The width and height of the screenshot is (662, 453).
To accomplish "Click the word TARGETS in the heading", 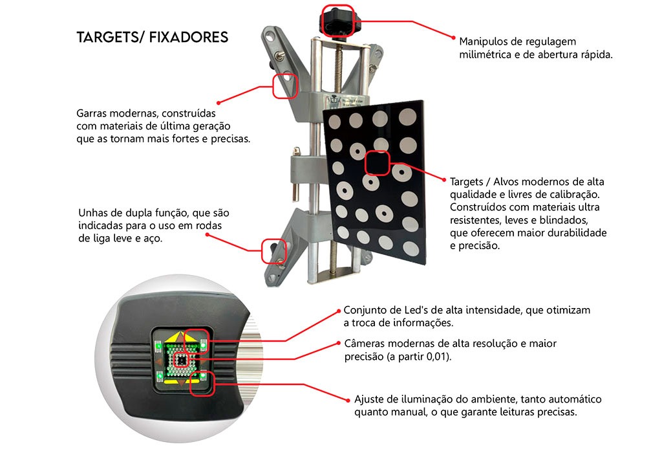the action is [x=108, y=37].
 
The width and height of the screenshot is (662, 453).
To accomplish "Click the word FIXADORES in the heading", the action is [x=188, y=37].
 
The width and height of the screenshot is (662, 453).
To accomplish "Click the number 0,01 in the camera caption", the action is [x=437, y=357].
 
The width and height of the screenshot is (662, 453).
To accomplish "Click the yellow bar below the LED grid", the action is [x=182, y=382].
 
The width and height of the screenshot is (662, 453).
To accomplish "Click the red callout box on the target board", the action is [x=377, y=163].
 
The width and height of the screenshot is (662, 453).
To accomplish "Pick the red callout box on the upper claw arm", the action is [x=285, y=86].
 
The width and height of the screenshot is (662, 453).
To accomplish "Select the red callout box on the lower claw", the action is [x=274, y=251].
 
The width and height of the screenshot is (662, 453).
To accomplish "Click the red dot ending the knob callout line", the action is [x=453, y=38].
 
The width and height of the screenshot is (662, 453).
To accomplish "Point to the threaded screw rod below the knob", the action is [x=337, y=67].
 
